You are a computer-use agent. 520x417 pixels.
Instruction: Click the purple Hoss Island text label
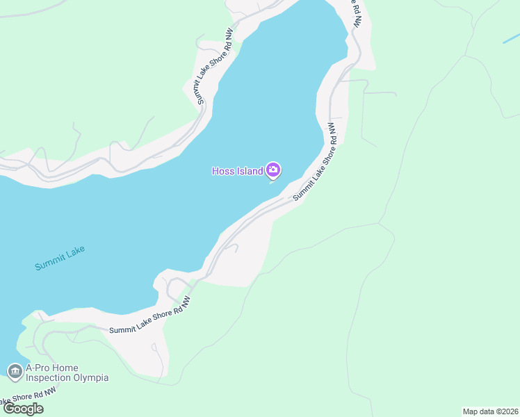(237, 171)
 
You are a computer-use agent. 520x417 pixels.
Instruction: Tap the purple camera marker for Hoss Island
(273, 170)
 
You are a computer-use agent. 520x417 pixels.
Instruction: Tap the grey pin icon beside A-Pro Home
(14, 373)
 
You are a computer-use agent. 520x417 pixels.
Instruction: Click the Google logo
(24, 408)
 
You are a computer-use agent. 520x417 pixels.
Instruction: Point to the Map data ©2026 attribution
(490, 411)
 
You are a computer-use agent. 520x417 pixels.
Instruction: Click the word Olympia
(90, 378)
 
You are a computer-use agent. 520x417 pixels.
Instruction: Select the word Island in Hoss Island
(248, 171)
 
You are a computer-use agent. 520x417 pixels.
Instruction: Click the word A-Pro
(40, 368)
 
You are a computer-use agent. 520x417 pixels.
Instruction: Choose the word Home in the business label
(68, 368)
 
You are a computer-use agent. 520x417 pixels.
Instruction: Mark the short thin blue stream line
(511, 39)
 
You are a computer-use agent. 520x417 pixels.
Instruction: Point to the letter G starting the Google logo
(10, 408)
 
